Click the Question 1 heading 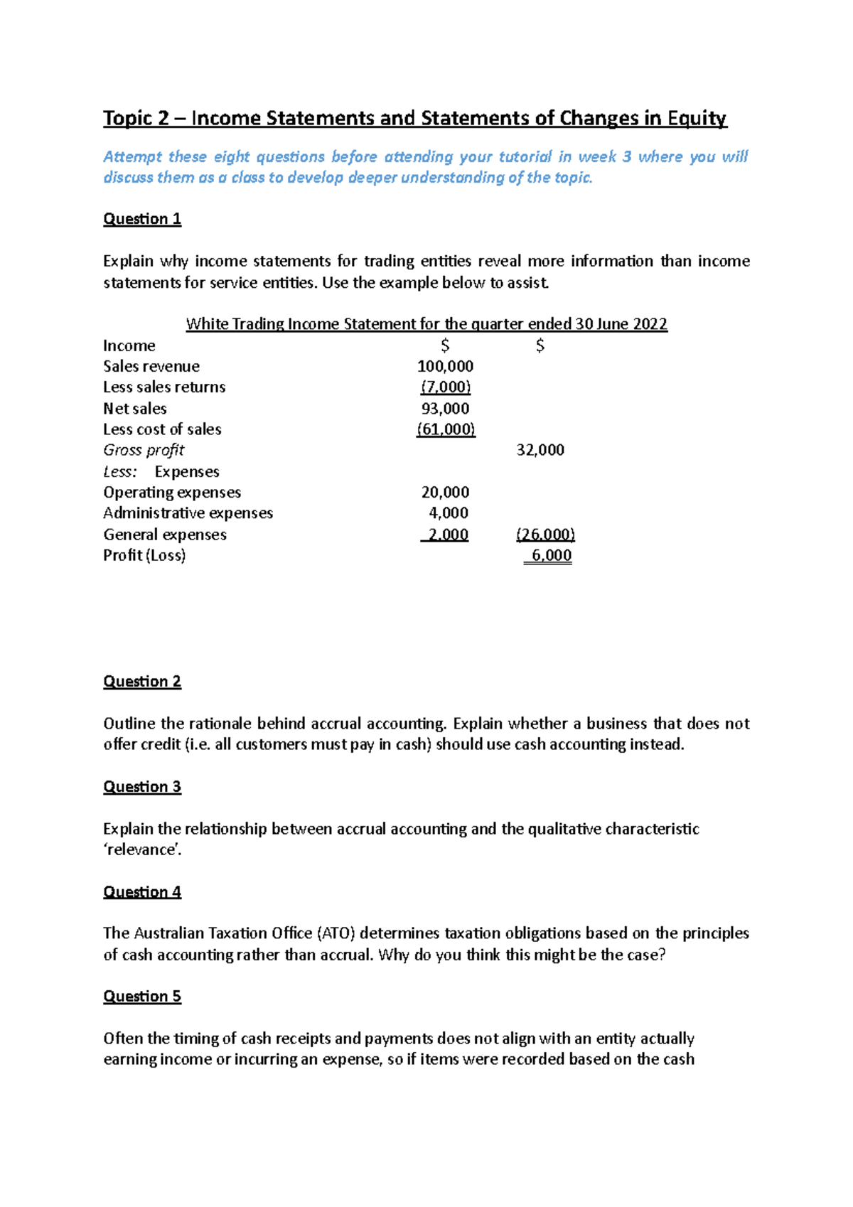click(x=142, y=219)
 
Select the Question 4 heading click(x=142, y=892)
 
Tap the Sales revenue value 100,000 click(x=445, y=367)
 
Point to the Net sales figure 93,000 click(x=445, y=409)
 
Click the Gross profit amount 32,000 click(x=540, y=451)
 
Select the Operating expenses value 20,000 click(x=445, y=493)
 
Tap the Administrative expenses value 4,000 click(x=449, y=513)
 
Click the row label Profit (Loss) click(x=144, y=556)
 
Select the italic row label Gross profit click(x=144, y=451)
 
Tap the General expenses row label click(x=165, y=535)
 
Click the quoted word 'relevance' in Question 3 click(x=142, y=850)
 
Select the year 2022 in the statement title click(x=650, y=325)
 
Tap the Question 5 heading click(x=142, y=997)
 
